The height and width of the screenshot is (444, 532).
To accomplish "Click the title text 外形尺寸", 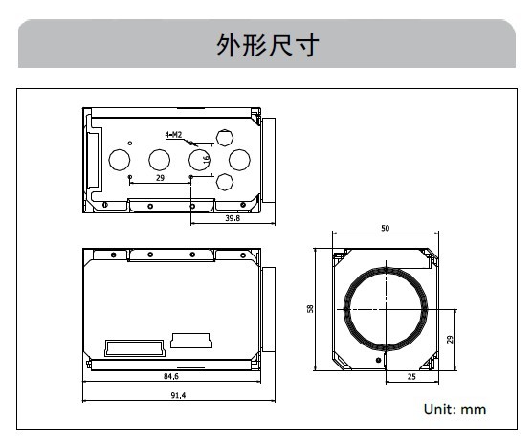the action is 267,45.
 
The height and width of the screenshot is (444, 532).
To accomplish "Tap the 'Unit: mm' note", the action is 454,410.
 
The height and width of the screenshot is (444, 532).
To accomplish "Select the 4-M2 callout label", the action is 173,135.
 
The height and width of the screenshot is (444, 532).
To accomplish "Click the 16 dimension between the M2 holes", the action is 207,159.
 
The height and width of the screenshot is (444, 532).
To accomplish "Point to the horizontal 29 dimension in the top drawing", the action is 160,178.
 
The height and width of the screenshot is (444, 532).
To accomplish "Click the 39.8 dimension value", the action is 233,218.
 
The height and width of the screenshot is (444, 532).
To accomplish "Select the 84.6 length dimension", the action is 171,376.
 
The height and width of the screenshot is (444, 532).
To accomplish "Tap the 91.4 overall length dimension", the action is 178,395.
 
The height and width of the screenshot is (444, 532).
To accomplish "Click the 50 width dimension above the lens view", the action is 385,228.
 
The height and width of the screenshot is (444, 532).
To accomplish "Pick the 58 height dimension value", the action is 310,309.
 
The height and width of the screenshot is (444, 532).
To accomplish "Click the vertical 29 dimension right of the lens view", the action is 450,339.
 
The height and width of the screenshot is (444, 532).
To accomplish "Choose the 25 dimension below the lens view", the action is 411,377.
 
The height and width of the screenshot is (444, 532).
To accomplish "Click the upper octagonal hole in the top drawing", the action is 225,138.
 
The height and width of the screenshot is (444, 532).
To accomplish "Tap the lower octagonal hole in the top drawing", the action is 225,182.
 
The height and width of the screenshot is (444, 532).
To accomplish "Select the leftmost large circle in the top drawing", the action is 120,160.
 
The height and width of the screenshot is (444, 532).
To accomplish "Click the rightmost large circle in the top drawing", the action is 239,160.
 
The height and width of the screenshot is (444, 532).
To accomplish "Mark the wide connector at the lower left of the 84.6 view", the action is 135,348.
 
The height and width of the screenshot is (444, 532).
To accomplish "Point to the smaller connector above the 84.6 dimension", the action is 191,341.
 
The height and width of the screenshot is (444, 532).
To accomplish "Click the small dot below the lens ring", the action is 378,360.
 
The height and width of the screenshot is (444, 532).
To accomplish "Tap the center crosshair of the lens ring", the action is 387,309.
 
